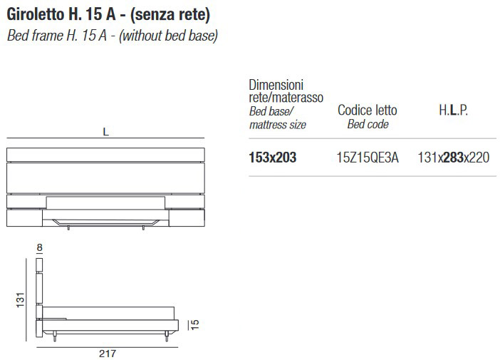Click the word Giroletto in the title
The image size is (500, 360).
[36, 14]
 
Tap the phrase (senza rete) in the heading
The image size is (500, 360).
[170, 15]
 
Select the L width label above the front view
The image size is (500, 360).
[106, 132]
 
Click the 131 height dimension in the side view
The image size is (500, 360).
[20, 299]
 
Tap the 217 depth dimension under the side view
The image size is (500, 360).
[108, 354]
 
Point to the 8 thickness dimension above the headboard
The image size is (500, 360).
[40, 247]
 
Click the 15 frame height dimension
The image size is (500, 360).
[194, 324]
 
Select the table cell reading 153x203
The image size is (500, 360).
[273, 158]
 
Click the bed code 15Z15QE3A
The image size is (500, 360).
[368, 158]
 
